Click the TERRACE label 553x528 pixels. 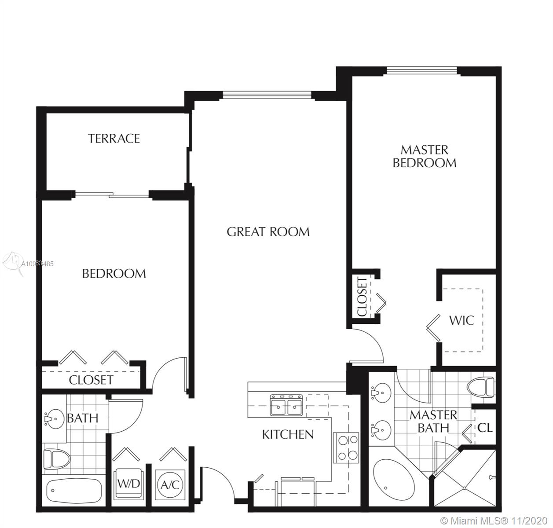pyautogui.click(x=114, y=139)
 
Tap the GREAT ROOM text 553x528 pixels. pyautogui.click(x=268, y=232)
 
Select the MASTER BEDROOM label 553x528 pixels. pyautogui.click(x=425, y=156)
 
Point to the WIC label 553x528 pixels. pyautogui.click(x=461, y=320)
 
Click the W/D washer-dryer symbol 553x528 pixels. pyautogui.click(x=128, y=484)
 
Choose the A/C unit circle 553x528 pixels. pyautogui.click(x=170, y=484)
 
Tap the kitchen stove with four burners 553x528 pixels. pyautogui.click(x=346, y=448)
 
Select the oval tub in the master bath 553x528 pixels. pyautogui.click(x=394, y=481)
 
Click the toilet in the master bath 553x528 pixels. pyautogui.click(x=481, y=386)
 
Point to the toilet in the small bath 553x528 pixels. pyautogui.click(x=57, y=459)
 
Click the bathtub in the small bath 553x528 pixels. pyautogui.click(x=74, y=491)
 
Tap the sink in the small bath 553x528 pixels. pyautogui.click(x=54, y=419)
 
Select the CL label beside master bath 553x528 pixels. pyautogui.click(x=485, y=428)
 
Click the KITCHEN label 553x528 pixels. pyautogui.click(x=288, y=435)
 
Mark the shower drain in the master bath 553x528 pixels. pyautogui.click(x=464, y=488)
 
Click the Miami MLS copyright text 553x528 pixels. pyautogui.click(x=494, y=521)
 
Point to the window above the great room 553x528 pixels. pyautogui.click(x=267, y=95)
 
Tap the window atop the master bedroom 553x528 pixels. pyautogui.click(x=422, y=70)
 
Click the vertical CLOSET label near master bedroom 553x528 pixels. pyautogui.click(x=363, y=297)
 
